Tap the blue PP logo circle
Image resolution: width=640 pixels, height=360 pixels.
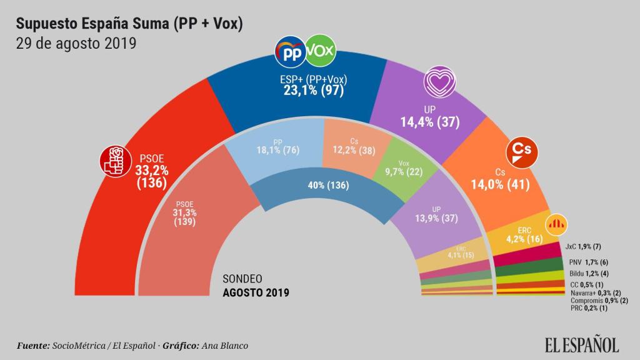click(x=291, y=53)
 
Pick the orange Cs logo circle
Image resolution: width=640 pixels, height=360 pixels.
click(x=521, y=151)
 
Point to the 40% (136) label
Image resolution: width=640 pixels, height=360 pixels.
click(x=328, y=186)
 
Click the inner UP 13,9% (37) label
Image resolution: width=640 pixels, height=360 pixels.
click(x=441, y=215)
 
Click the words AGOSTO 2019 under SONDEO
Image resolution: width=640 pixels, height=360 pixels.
click(x=256, y=291)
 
